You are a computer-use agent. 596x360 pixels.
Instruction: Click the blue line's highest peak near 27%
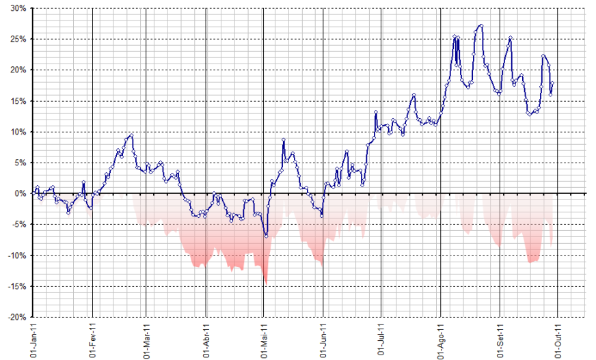pyautogui.click(x=482, y=26)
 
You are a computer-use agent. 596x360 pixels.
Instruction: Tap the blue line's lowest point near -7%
pyautogui.click(x=266, y=236)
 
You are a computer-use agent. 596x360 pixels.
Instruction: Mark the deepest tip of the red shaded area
pyautogui.click(x=266, y=284)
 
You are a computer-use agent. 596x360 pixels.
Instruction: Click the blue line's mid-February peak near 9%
pyautogui.click(x=131, y=135)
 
